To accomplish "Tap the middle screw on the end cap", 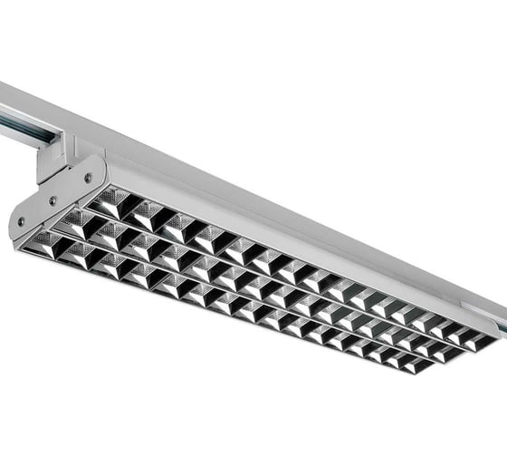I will (53, 201).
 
